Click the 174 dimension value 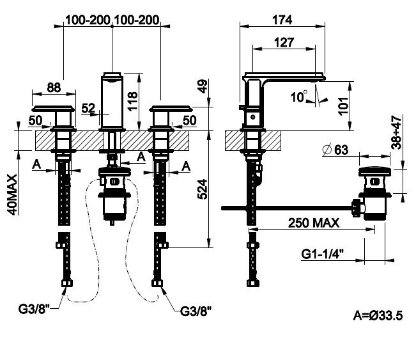pos(282,20)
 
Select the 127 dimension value pos(284,42)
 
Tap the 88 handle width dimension pos(54,88)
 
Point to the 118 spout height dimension pos(133,101)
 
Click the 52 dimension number pos(88,108)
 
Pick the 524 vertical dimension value pos(203,189)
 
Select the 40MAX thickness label pos(13,194)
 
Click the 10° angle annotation pos(299,97)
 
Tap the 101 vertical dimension pos(343,106)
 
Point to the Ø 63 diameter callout pos(335,150)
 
